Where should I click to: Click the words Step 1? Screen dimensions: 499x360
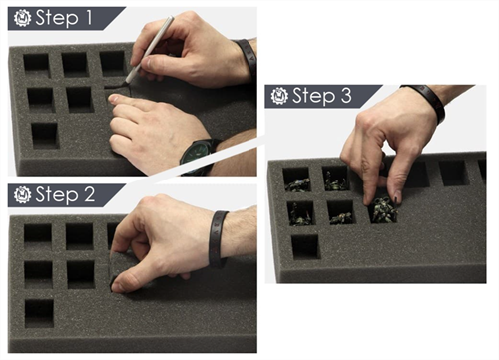(64, 18)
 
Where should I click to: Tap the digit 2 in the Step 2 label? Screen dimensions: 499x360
(89, 194)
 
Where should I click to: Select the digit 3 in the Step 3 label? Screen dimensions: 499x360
(346, 95)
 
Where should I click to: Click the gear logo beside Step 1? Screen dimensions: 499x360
(23, 18)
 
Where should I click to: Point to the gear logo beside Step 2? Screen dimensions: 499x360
(23, 194)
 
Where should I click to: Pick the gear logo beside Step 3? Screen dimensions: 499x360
(279, 96)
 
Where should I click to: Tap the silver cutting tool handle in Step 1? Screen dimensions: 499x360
(151, 48)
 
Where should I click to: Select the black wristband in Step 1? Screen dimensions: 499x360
(248, 58)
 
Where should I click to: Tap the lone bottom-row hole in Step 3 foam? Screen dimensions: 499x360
(305, 247)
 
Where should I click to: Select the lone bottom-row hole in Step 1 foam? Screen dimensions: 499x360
(45, 136)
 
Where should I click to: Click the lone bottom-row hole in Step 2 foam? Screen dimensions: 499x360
(39, 313)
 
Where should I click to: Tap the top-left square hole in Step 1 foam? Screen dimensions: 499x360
(37, 65)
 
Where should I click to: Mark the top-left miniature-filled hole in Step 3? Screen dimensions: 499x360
(297, 180)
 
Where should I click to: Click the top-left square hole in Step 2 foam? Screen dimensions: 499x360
(38, 236)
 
